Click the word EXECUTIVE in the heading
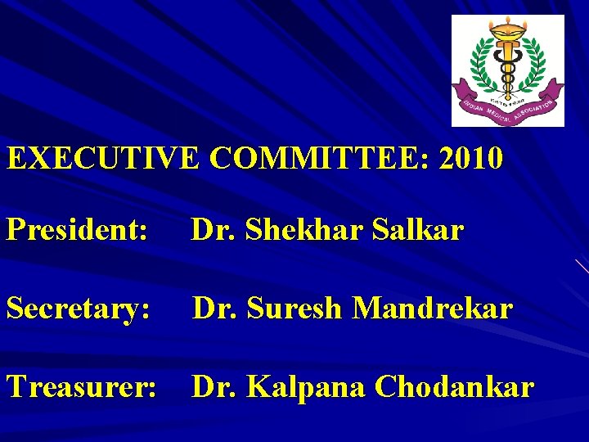coord(103,158)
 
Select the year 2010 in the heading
coord(470,158)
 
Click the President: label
coord(77,231)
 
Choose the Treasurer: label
coord(81,386)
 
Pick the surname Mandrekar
coord(434,309)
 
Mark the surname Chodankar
coord(455,386)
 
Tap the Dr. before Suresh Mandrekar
coord(213,309)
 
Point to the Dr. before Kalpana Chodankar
coord(213,386)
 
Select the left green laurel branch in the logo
coord(479,70)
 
